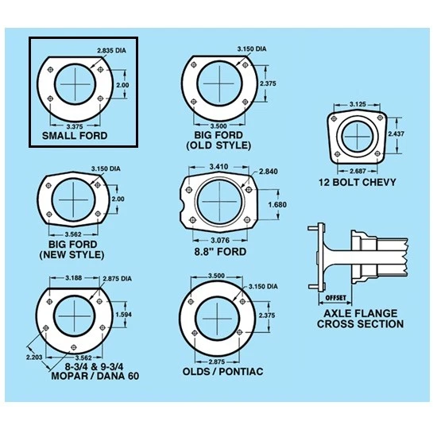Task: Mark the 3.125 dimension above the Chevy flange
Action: coord(359,104)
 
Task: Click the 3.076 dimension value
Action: coord(220,239)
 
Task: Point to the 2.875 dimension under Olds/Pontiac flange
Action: coord(216,362)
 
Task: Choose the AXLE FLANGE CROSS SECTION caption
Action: coord(360,318)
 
